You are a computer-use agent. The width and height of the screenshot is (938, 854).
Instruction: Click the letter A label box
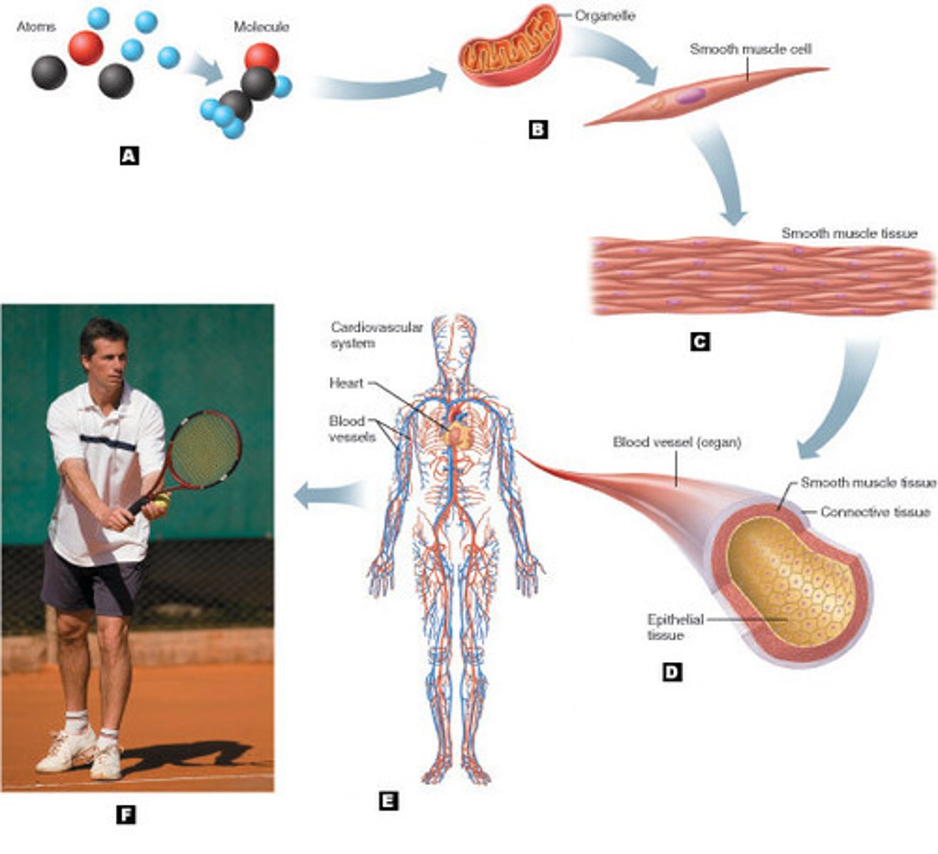click(129, 155)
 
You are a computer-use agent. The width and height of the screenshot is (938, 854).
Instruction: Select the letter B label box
click(538, 130)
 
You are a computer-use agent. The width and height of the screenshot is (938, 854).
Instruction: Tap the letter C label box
click(700, 342)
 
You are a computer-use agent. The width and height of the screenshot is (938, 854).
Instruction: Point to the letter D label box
click(672, 672)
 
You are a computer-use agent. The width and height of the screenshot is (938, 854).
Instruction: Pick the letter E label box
click(388, 801)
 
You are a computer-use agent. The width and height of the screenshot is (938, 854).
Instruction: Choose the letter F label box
click(125, 815)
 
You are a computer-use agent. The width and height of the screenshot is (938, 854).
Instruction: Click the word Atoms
click(36, 27)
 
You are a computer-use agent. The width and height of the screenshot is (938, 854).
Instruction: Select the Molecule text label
click(261, 27)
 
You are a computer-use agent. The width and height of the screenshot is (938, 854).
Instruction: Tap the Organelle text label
click(605, 15)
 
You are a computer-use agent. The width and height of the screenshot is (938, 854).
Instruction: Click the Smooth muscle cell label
click(750, 49)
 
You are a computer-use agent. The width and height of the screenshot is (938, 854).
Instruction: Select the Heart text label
click(346, 383)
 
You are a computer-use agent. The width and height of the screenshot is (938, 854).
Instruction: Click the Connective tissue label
click(875, 512)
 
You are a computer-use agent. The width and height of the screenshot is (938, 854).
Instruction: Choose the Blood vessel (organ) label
click(677, 443)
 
